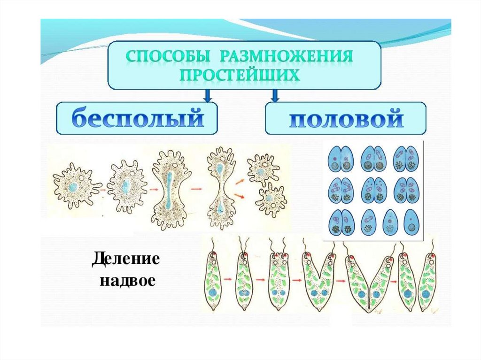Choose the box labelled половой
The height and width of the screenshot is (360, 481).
click(x=346, y=119)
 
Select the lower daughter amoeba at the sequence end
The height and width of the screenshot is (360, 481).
click(x=271, y=199)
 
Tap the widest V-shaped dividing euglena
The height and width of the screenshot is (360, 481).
click(x=366, y=282)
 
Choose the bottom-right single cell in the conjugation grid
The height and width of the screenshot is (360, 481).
click(x=411, y=222)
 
